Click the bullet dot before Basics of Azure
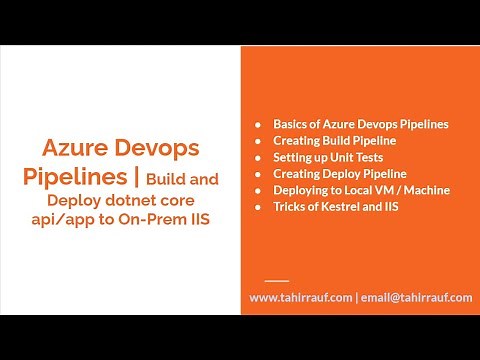tap(260, 125)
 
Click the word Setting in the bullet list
tap(294, 157)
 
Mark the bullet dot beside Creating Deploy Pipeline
tap(260, 174)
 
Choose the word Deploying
tap(304, 190)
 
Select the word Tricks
tap(291, 206)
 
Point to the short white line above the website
tap(278, 279)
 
